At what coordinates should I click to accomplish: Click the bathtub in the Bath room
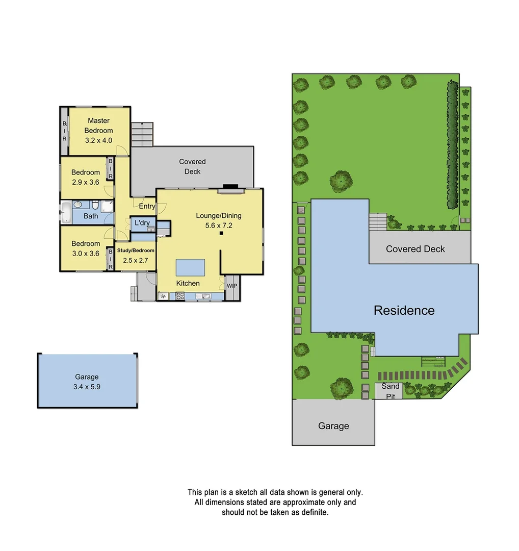65,212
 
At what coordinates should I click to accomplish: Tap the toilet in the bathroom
95,205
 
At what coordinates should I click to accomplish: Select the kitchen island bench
190,267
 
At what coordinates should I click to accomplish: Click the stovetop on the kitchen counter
180,295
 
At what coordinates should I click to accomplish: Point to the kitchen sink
205,295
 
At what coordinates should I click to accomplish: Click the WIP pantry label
231,286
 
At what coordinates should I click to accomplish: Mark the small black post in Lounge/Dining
221,234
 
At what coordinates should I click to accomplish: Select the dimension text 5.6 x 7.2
218,225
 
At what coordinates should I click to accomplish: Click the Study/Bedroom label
136,251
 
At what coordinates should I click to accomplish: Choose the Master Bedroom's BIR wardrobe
65,131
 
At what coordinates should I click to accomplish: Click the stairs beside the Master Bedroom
142,134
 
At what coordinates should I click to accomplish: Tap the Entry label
147,206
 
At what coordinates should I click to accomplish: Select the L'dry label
142,223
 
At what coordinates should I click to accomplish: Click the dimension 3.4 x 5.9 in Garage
87,387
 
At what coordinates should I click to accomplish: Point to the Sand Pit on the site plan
390,391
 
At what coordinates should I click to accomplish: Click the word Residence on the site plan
404,310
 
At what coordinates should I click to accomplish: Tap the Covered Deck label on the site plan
416,249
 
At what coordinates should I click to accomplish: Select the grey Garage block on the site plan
333,422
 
